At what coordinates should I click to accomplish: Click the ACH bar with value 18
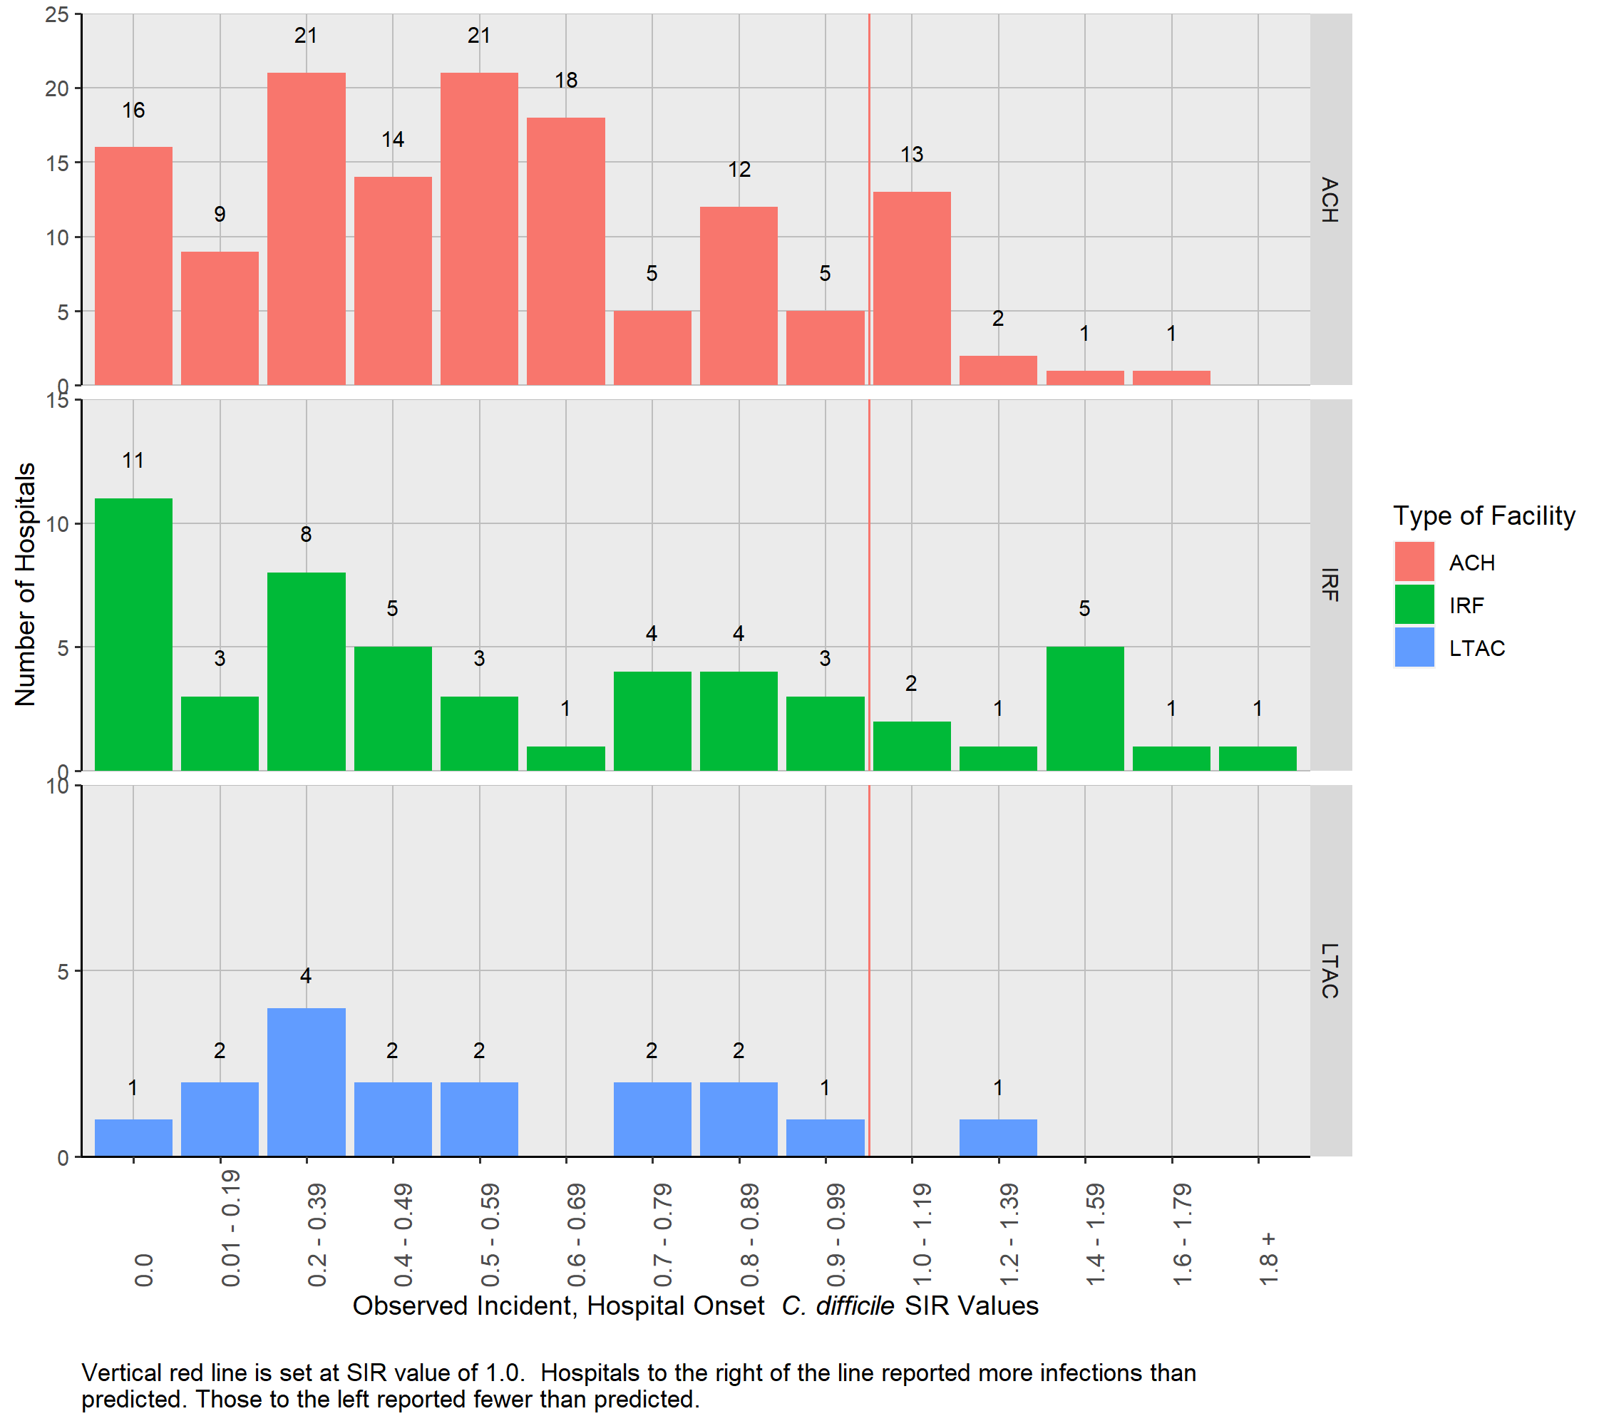(x=565, y=251)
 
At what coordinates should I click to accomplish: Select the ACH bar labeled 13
(x=911, y=288)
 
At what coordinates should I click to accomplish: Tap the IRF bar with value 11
(x=133, y=634)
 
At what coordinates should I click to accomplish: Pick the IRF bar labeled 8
(x=306, y=671)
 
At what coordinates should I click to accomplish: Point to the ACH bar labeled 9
(x=220, y=318)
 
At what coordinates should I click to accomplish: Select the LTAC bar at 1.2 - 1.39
(x=997, y=1137)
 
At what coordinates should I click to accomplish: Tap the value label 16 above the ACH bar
(x=133, y=111)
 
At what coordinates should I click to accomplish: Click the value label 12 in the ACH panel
(x=739, y=170)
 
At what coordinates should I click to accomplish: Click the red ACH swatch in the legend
(x=1414, y=562)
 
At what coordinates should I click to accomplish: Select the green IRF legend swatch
(x=1414, y=605)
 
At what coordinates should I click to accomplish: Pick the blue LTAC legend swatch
(x=1414, y=647)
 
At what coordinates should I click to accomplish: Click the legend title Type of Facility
(x=1483, y=515)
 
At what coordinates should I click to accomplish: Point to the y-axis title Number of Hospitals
(x=25, y=584)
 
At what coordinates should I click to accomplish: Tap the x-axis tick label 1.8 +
(x=1268, y=1259)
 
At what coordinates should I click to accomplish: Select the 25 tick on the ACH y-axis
(x=57, y=14)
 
